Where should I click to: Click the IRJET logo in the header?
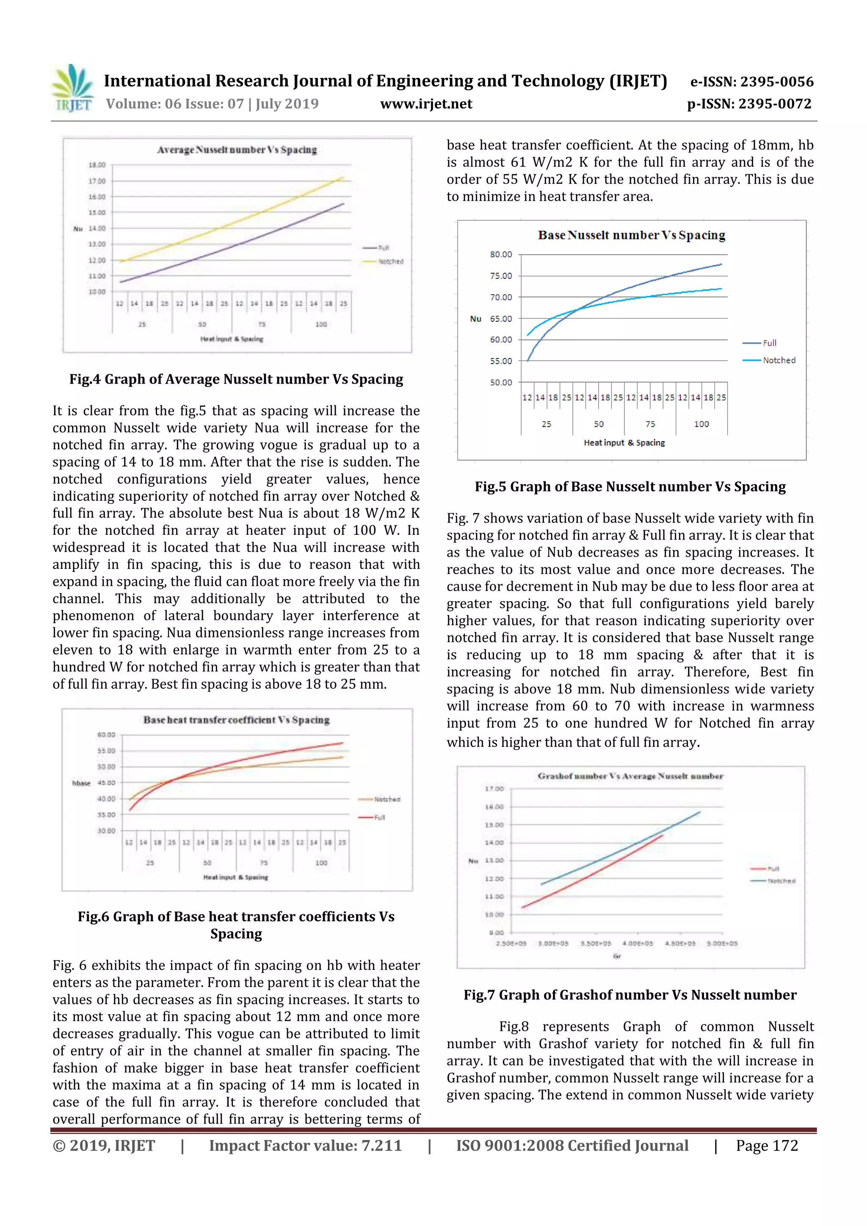coord(72,88)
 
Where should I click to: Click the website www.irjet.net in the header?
coord(426,104)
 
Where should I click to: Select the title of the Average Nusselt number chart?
coord(237,150)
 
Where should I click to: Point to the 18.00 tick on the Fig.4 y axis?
coord(97,165)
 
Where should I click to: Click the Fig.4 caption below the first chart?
coord(236,379)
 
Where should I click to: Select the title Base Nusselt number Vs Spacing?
coord(632,235)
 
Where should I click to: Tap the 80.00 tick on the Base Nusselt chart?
coord(501,255)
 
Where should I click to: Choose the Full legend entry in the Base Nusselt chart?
coord(769,343)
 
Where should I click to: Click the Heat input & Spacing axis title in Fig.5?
coord(624,443)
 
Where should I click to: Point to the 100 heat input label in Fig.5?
coord(701,424)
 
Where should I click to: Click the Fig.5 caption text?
coord(630,486)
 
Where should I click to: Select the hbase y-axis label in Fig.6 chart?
coord(81,783)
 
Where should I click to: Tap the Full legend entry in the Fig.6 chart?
coord(379,817)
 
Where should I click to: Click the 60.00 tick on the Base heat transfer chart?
coord(106,735)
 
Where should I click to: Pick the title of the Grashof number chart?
coord(630,776)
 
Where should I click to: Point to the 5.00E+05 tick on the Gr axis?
coord(722,944)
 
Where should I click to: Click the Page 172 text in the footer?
coord(767,1146)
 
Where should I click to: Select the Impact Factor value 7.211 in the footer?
coord(305,1146)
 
